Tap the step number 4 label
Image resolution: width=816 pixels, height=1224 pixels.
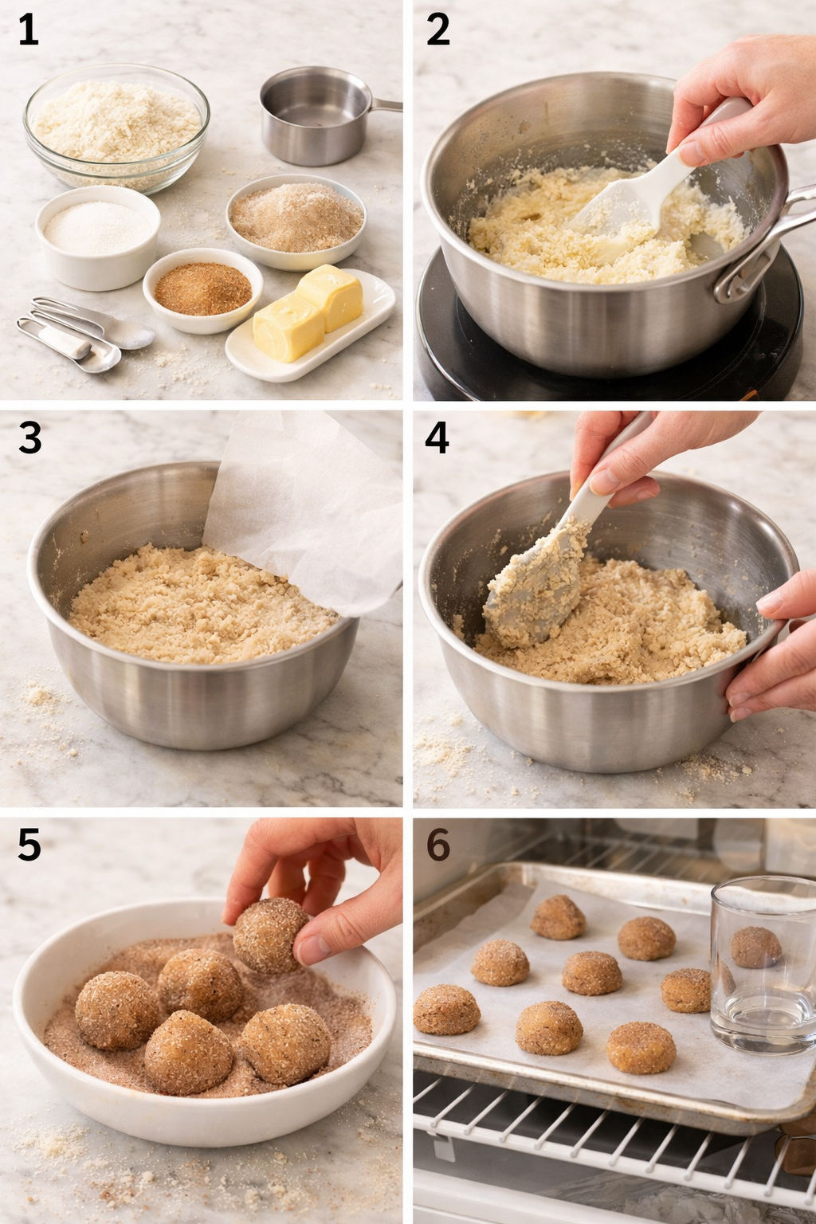click(437, 437)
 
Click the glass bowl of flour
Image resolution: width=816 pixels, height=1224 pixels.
click(116, 126)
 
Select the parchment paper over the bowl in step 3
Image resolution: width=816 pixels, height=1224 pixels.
click(311, 510)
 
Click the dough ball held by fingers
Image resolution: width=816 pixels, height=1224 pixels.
click(271, 937)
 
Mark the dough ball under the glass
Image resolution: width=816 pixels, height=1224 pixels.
click(755, 947)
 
